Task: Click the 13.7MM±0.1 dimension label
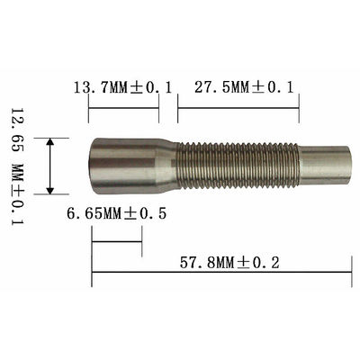pyautogui.click(x=122, y=88)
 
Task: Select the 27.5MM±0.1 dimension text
pyautogui.click(x=244, y=87)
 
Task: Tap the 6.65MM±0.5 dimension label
pyautogui.click(x=116, y=213)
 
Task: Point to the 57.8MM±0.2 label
pyautogui.click(x=229, y=263)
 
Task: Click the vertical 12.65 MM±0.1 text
pyautogui.click(x=17, y=166)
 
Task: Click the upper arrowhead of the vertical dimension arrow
pyautogui.click(x=50, y=142)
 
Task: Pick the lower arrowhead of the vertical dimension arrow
pyautogui.click(x=50, y=190)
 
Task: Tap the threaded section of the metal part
pyautogui.click(x=238, y=166)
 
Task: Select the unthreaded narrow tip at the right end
pyautogui.click(x=326, y=166)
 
